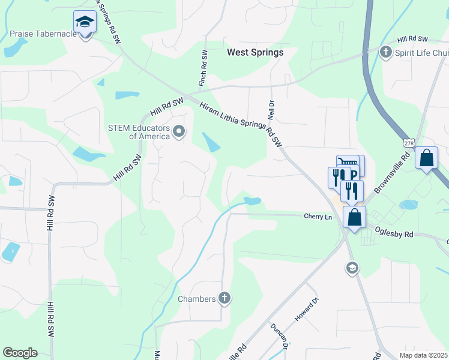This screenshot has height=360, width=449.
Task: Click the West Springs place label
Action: pyautogui.click(x=255, y=52)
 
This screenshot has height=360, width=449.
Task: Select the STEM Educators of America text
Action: pyautogui.click(x=137, y=131)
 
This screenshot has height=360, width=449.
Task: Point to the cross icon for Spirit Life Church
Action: pyautogui.click(x=386, y=52)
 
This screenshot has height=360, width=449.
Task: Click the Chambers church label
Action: pyautogui.click(x=196, y=299)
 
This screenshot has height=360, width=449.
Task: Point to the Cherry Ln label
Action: pyautogui.click(x=318, y=216)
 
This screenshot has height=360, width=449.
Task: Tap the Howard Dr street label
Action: pyautogui.click(x=304, y=311)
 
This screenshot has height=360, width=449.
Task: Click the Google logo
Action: pyautogui.click(x=20, y=353)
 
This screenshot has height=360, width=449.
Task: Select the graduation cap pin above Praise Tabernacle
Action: pyautogui.click(x=85, y=23)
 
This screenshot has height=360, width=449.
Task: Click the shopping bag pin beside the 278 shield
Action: pyautogui.click(x=426, y=159)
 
